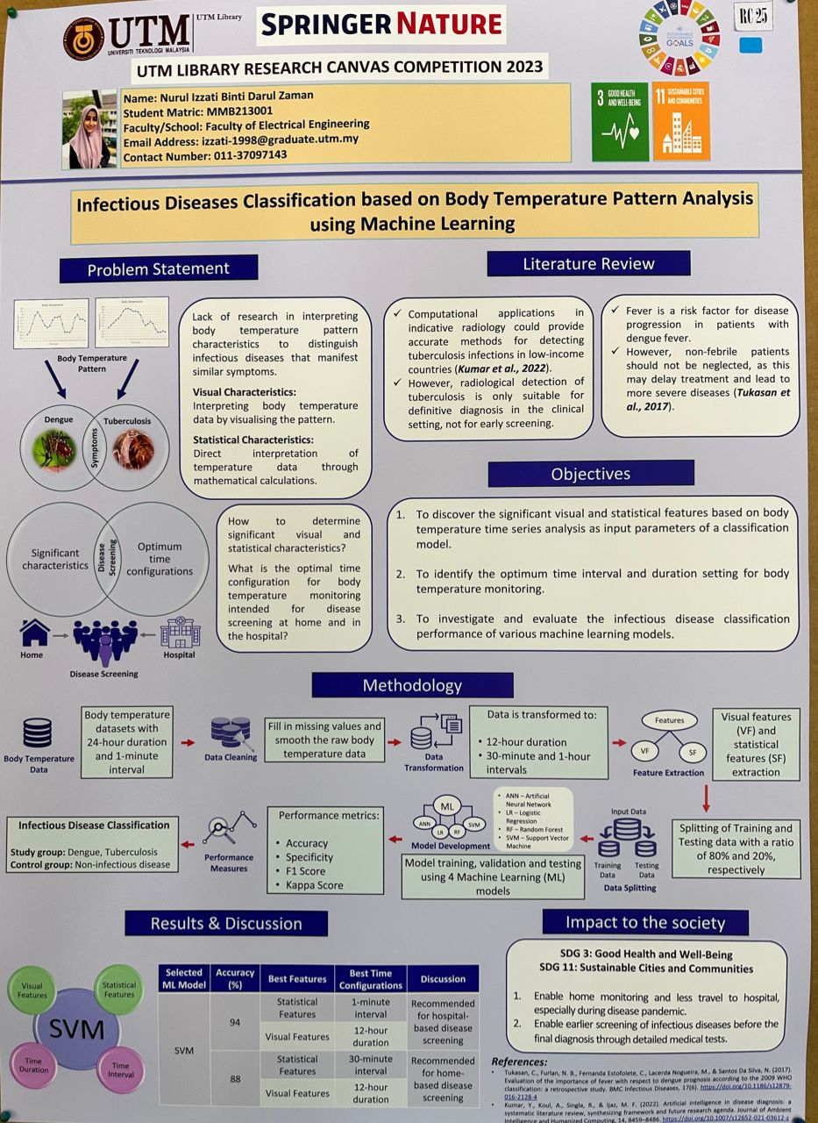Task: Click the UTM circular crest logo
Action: point(82,38)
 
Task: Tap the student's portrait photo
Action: point(89,128)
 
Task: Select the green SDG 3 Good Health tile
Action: point(620,122)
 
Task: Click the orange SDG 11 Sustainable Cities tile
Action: point(680,122)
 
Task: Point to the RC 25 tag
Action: point(752,15)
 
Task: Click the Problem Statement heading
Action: point(158,268)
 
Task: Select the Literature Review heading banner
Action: point(588,263)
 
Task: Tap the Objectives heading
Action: point(590,474)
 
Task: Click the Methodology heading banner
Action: point(412,685)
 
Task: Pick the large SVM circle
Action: point(76,1029)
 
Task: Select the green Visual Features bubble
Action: point(32,990)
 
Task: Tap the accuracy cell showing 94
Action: point(235,1023)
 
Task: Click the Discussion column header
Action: point(443,978)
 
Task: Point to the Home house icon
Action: point(34,632)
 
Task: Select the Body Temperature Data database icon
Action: point(38,733)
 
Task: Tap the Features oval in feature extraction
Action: point(669,720)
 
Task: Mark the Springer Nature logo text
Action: point(381,24)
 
